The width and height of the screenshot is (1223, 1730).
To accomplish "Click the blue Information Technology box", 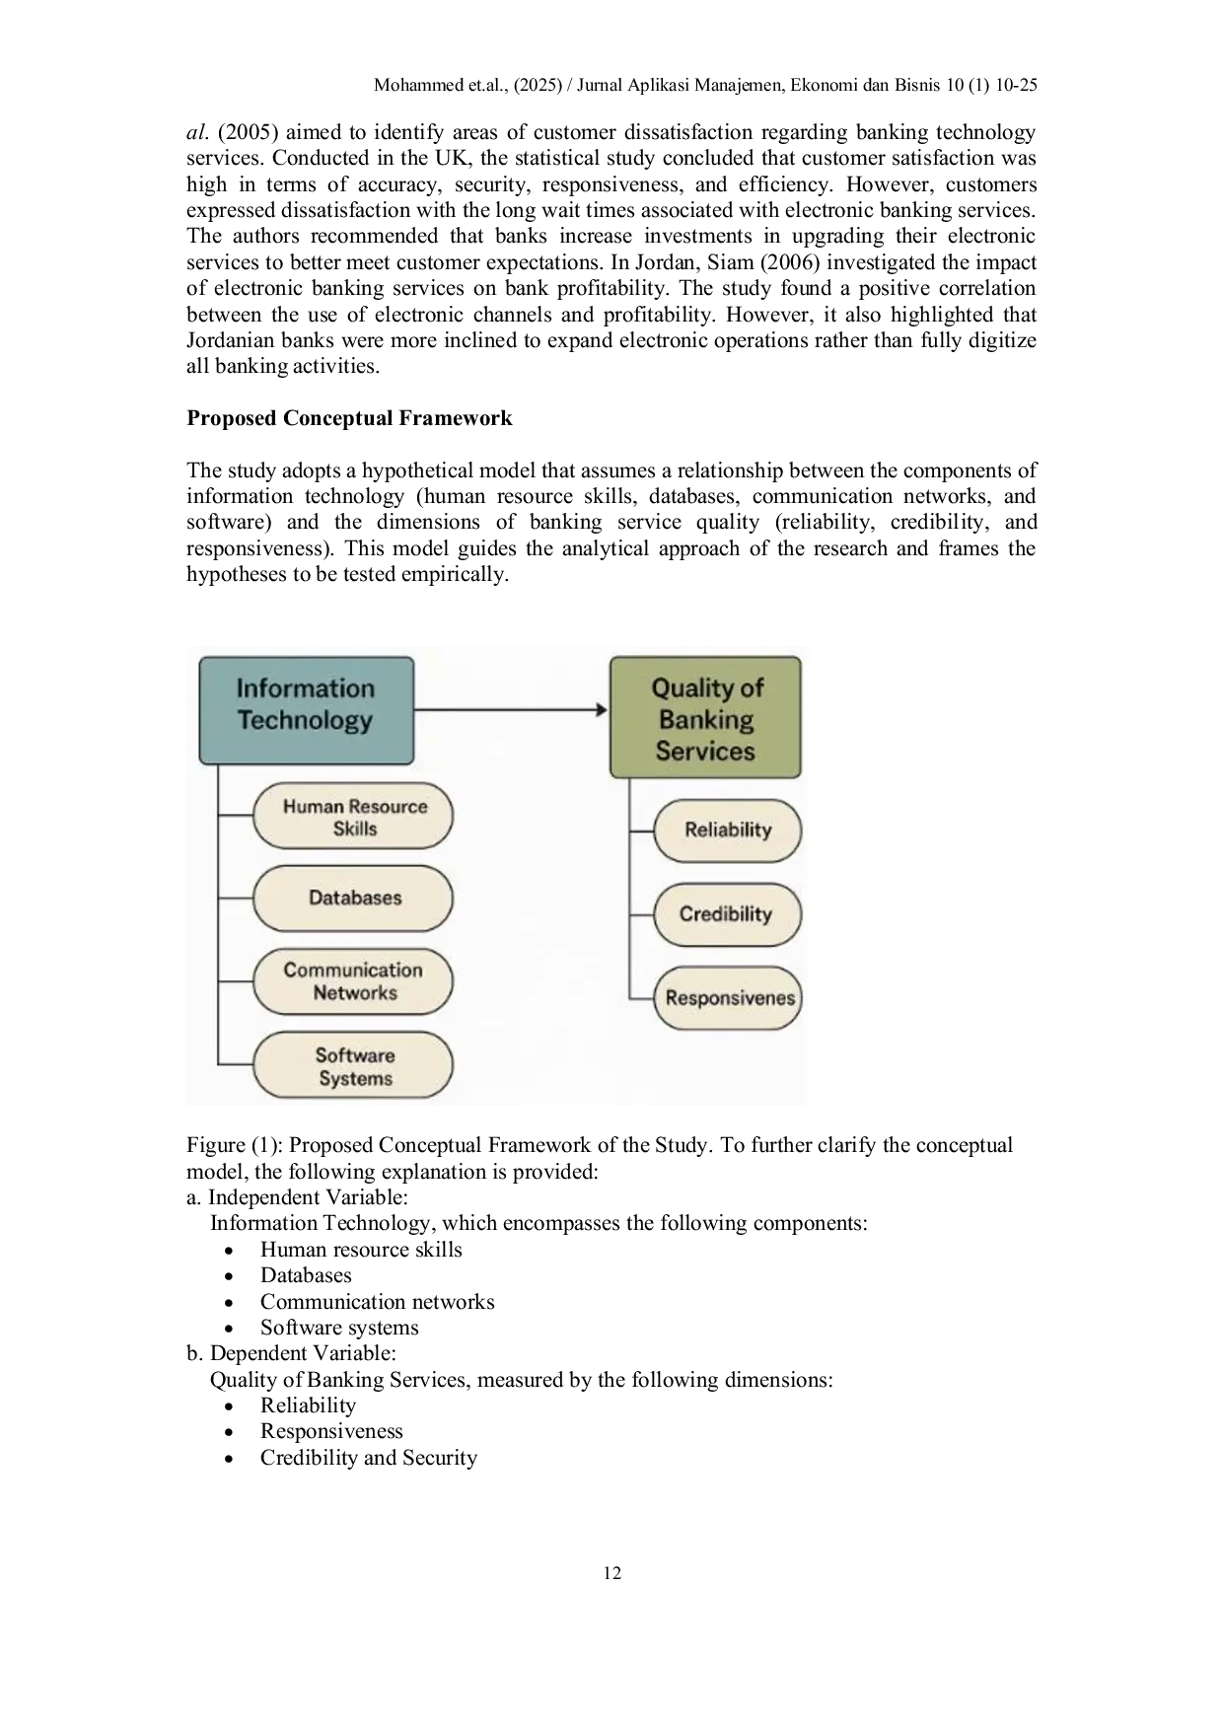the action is (307, 710).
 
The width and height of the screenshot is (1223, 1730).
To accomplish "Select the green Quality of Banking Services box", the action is (705, 717).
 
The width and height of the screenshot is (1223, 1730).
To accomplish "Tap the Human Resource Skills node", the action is (353, 817).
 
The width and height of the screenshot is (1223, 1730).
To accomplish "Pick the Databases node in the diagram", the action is (353, 899).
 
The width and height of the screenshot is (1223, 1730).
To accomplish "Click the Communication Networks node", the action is (353, 981).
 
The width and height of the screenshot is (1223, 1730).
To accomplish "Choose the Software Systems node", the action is (353, 1066).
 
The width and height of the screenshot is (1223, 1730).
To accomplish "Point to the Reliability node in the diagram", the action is (728, 830).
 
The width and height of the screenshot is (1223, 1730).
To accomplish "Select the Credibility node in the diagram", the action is (728, 914).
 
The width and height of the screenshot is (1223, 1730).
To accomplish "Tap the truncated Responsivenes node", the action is (728, 998).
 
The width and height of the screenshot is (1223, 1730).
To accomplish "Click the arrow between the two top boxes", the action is (511, 709).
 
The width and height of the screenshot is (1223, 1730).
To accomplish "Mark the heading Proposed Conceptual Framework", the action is (349, 418).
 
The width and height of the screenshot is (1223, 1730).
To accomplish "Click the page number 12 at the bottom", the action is (612, 1573).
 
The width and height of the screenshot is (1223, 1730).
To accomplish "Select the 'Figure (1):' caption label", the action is (235, 1145).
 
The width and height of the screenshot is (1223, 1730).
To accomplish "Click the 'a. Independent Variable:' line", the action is (297, 1197).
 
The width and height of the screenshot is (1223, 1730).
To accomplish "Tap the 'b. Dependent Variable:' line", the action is (292, 1353).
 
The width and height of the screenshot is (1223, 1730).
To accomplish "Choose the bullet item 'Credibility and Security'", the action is (369, 1458).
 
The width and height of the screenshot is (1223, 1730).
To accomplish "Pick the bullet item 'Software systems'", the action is (339, 1328).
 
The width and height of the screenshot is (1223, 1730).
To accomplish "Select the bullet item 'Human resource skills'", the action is (361, 1250).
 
